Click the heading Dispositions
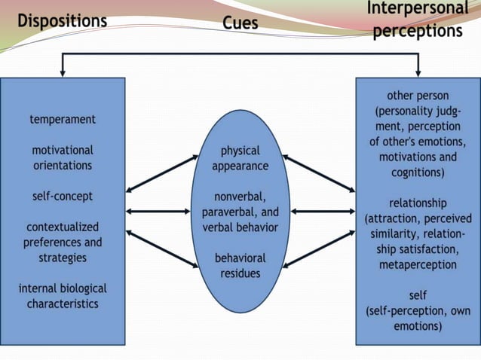[x=63, y=20]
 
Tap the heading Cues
[x=240, y=23]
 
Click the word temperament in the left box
[x=63, y=119]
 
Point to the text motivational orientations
[x=63, y=157]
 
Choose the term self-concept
[x=63, y=196]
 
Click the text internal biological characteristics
[x=63, y=296]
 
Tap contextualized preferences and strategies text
[x=63, y=242]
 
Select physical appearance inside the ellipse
[x=240, y=158]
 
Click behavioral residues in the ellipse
[x=240, y=265]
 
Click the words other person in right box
[x=418, y=96]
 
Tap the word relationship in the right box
[x=418, y=203]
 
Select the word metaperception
[x=418, y=265]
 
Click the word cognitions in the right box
[x=418, y=172]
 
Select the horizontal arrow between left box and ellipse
[x=158, y=212]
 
